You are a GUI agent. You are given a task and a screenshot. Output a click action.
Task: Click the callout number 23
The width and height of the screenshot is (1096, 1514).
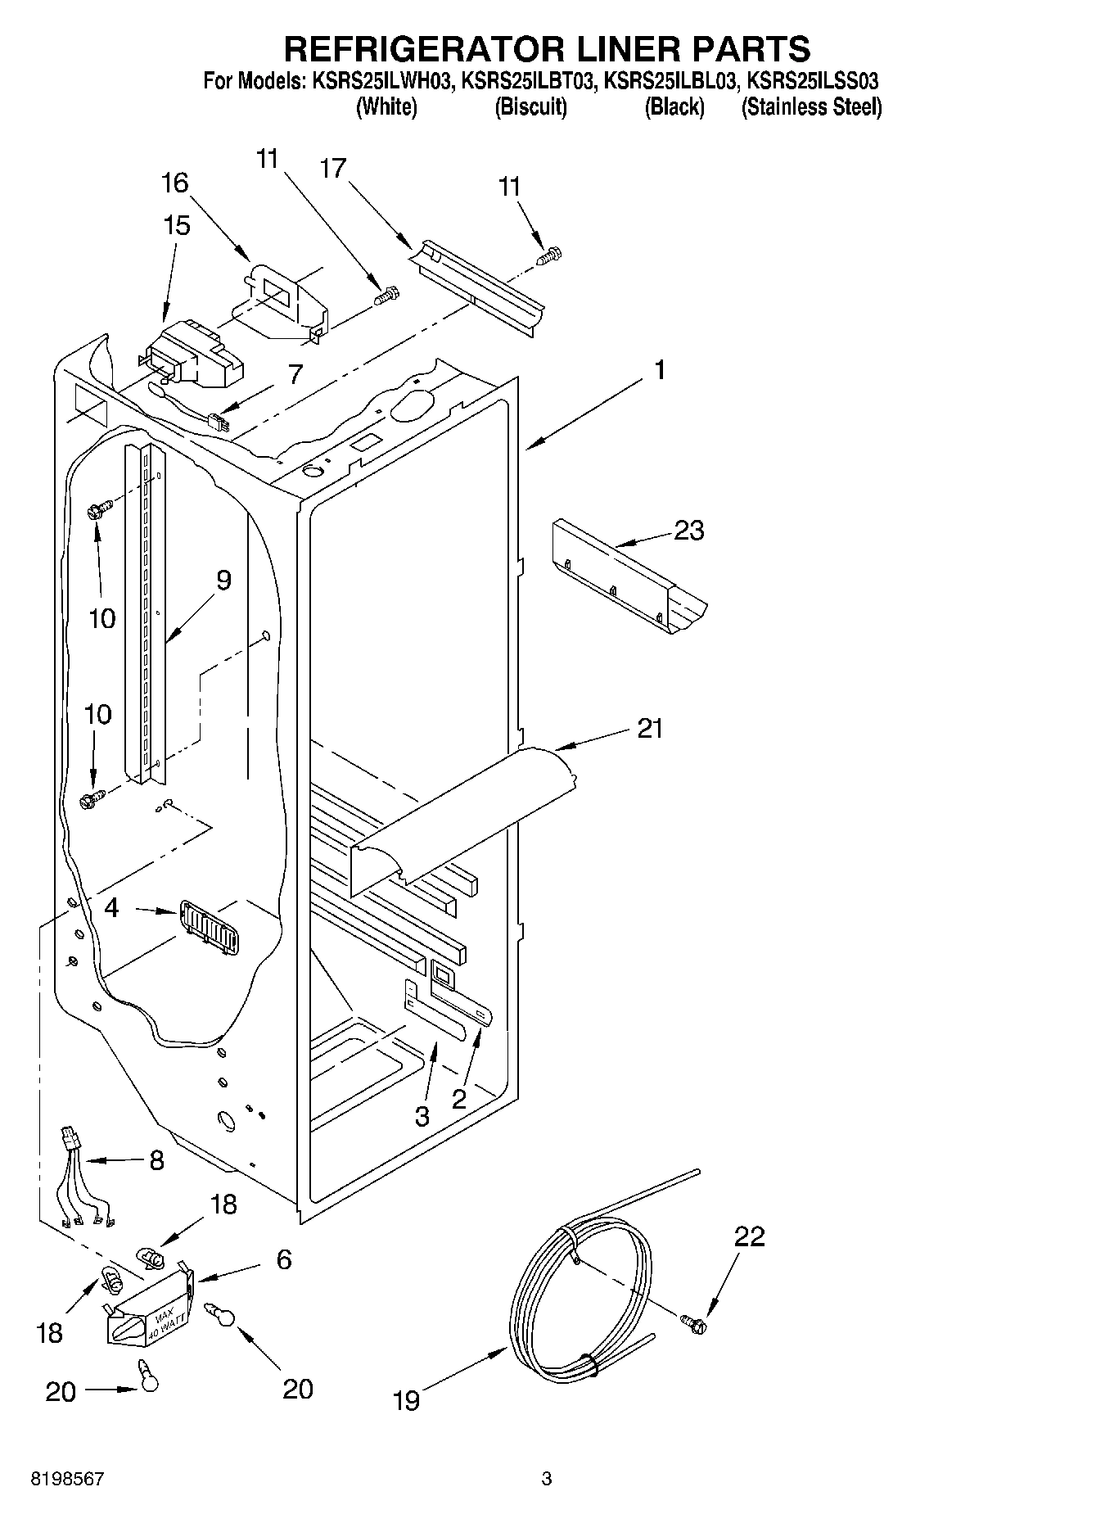pos(688,531)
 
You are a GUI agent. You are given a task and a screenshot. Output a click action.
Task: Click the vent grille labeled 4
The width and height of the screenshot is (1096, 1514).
pos(210,927)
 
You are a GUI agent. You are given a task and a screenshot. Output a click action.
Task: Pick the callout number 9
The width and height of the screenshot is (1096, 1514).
pos(223,581)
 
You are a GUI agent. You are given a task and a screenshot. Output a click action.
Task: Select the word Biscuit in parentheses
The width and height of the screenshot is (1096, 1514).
pos(530,107)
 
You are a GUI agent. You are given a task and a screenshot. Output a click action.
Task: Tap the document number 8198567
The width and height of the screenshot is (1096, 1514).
pos(67,1479)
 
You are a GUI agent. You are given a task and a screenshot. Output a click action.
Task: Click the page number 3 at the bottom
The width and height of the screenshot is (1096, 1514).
pos(547,1479)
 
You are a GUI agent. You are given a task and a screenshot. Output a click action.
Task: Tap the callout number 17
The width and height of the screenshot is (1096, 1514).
pos(332,169)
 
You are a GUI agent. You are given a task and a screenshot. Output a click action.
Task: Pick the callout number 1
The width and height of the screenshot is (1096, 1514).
pos(659,370)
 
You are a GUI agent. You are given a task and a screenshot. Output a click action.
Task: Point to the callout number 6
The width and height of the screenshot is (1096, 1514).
pos(283,1259)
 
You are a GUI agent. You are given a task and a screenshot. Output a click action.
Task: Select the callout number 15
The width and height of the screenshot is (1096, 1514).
pos(177,225)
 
